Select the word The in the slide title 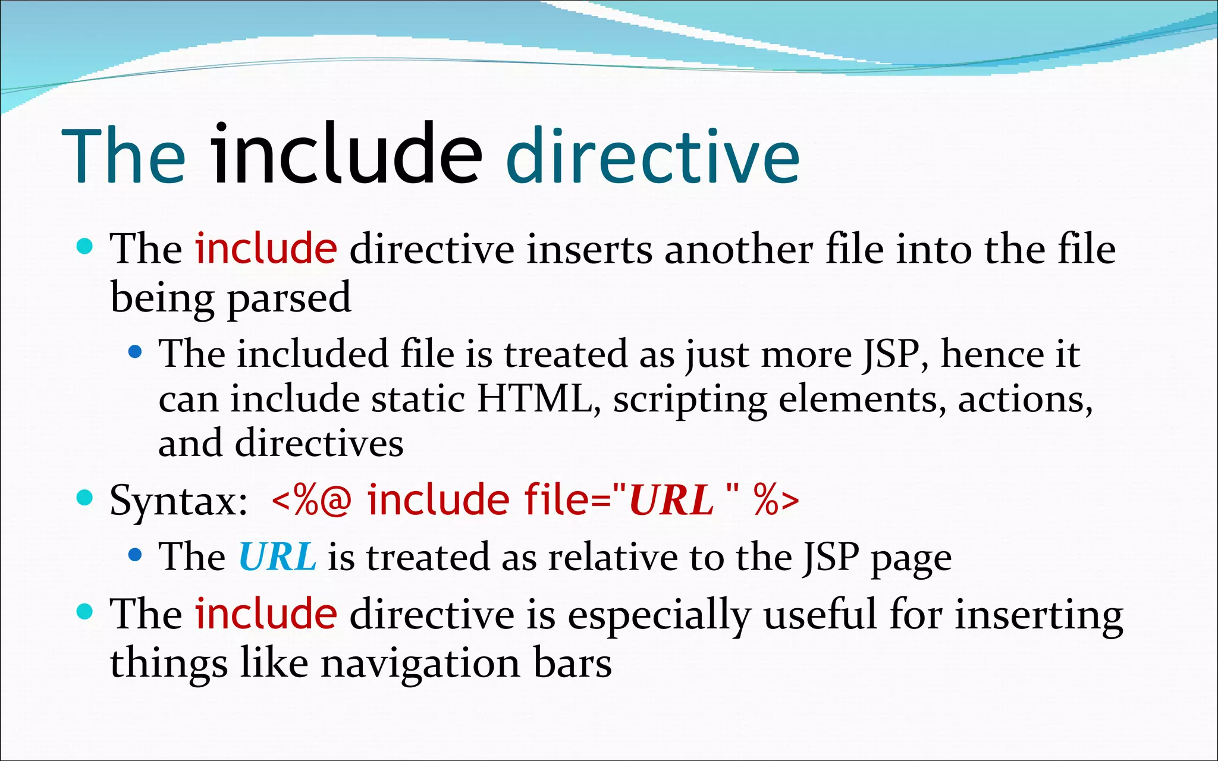coord(124,157)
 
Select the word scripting coord(690,400)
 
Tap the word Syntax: coord(178,501)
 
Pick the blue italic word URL coord(277,557)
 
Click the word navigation coord(420,663)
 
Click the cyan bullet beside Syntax coord(86,497)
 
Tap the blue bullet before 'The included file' coord(135,353)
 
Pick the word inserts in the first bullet coord(589,249)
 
